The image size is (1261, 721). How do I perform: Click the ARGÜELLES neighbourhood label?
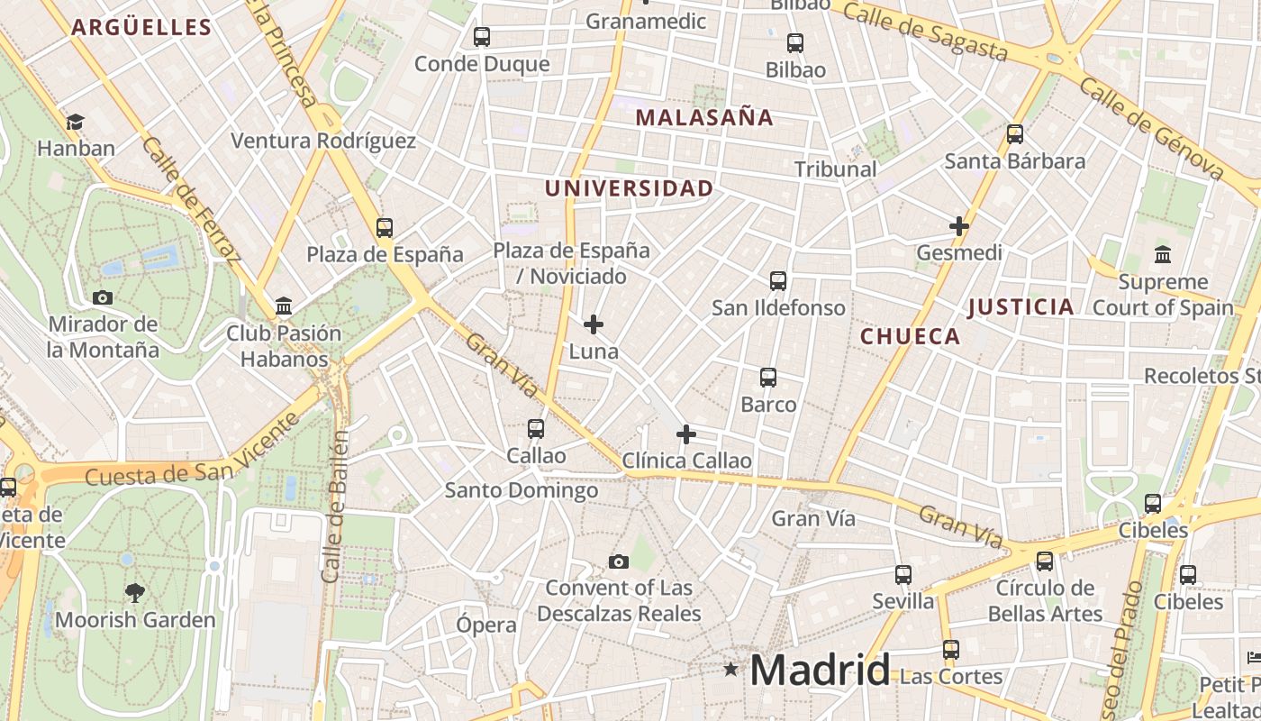coord(141,27)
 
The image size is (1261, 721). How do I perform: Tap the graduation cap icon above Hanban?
coord(76,122)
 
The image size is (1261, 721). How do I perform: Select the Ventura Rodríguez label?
coord(323,141)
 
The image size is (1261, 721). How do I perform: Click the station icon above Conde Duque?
coord(482,37)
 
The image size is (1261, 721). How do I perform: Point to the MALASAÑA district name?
coord(704,117)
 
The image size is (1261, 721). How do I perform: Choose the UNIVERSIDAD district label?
coord(629,188)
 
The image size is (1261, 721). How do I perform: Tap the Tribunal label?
coord(835,169)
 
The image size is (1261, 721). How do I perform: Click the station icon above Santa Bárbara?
coord(1015,134)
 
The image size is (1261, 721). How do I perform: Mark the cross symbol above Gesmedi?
coord(959,225)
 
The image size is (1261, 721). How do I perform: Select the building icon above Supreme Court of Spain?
coord(1163,255)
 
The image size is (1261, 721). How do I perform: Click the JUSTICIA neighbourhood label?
coord(1021,307)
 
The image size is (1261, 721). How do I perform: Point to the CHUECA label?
coord(911,337)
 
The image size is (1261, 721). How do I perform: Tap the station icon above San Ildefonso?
coord(778,281)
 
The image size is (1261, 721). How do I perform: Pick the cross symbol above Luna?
coord(594,324)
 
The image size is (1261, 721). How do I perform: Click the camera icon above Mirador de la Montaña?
coord(103,297)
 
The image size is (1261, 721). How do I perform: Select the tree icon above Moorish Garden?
coord(135,593)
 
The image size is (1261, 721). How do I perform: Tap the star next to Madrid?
coord(730,670)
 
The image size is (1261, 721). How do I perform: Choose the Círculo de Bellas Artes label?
coord(1045,601)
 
